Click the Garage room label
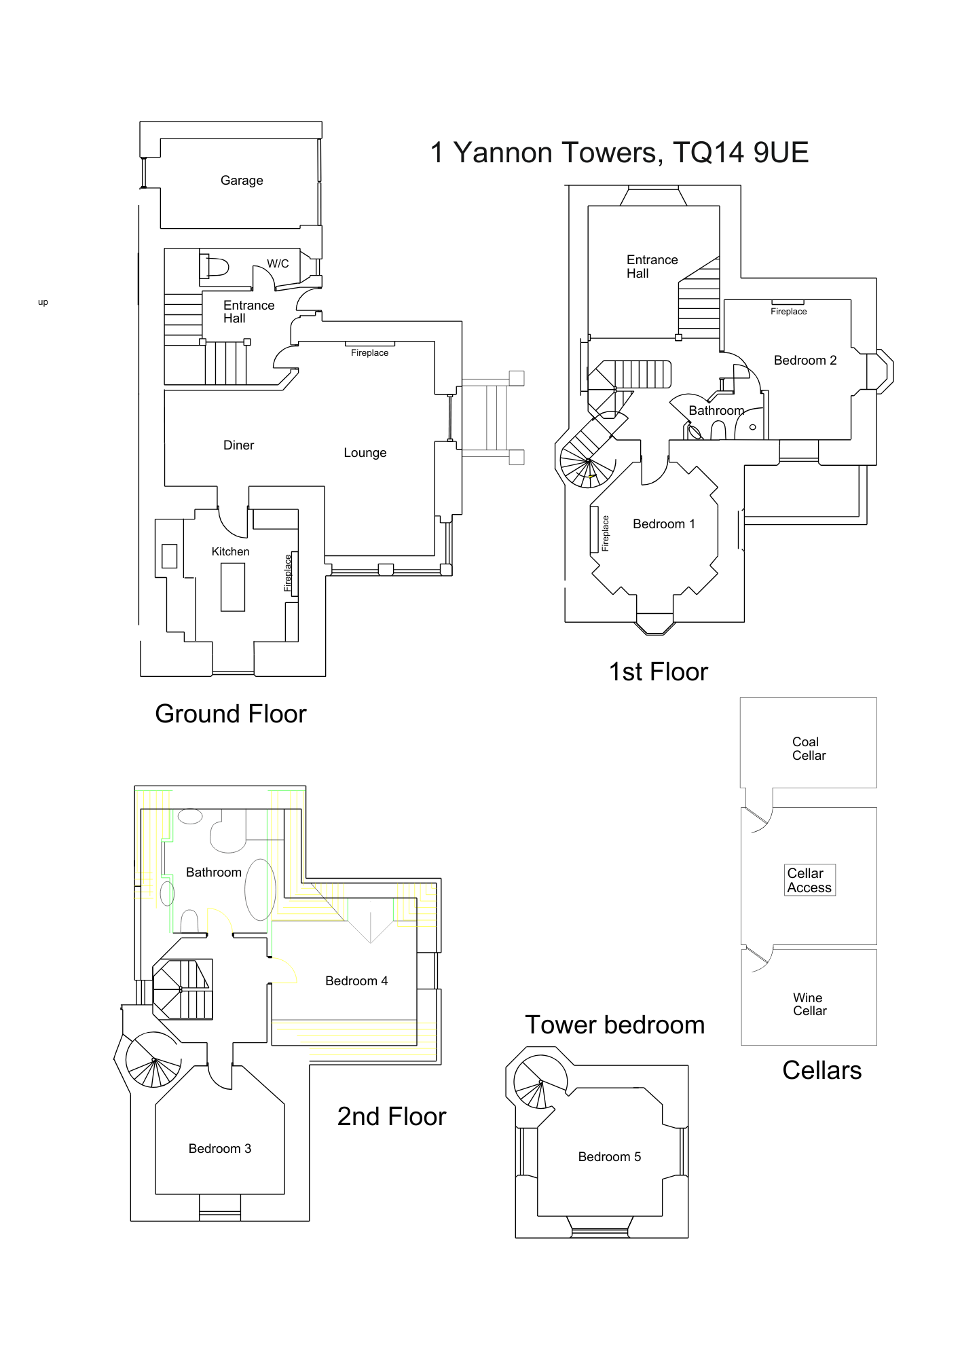242,181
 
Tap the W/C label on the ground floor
278,263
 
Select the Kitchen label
230,551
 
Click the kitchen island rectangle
233,587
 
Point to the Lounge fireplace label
369,353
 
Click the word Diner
238,445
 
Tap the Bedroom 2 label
805,361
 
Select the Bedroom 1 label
663,524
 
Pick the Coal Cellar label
809,749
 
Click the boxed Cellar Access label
809,881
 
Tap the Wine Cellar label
809,1004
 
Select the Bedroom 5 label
609,1157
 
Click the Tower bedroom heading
614,1025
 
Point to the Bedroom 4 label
356,981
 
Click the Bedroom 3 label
219,1149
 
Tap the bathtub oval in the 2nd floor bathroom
260,889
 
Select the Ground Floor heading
231,714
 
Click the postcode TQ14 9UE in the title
741,153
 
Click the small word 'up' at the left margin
43,303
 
